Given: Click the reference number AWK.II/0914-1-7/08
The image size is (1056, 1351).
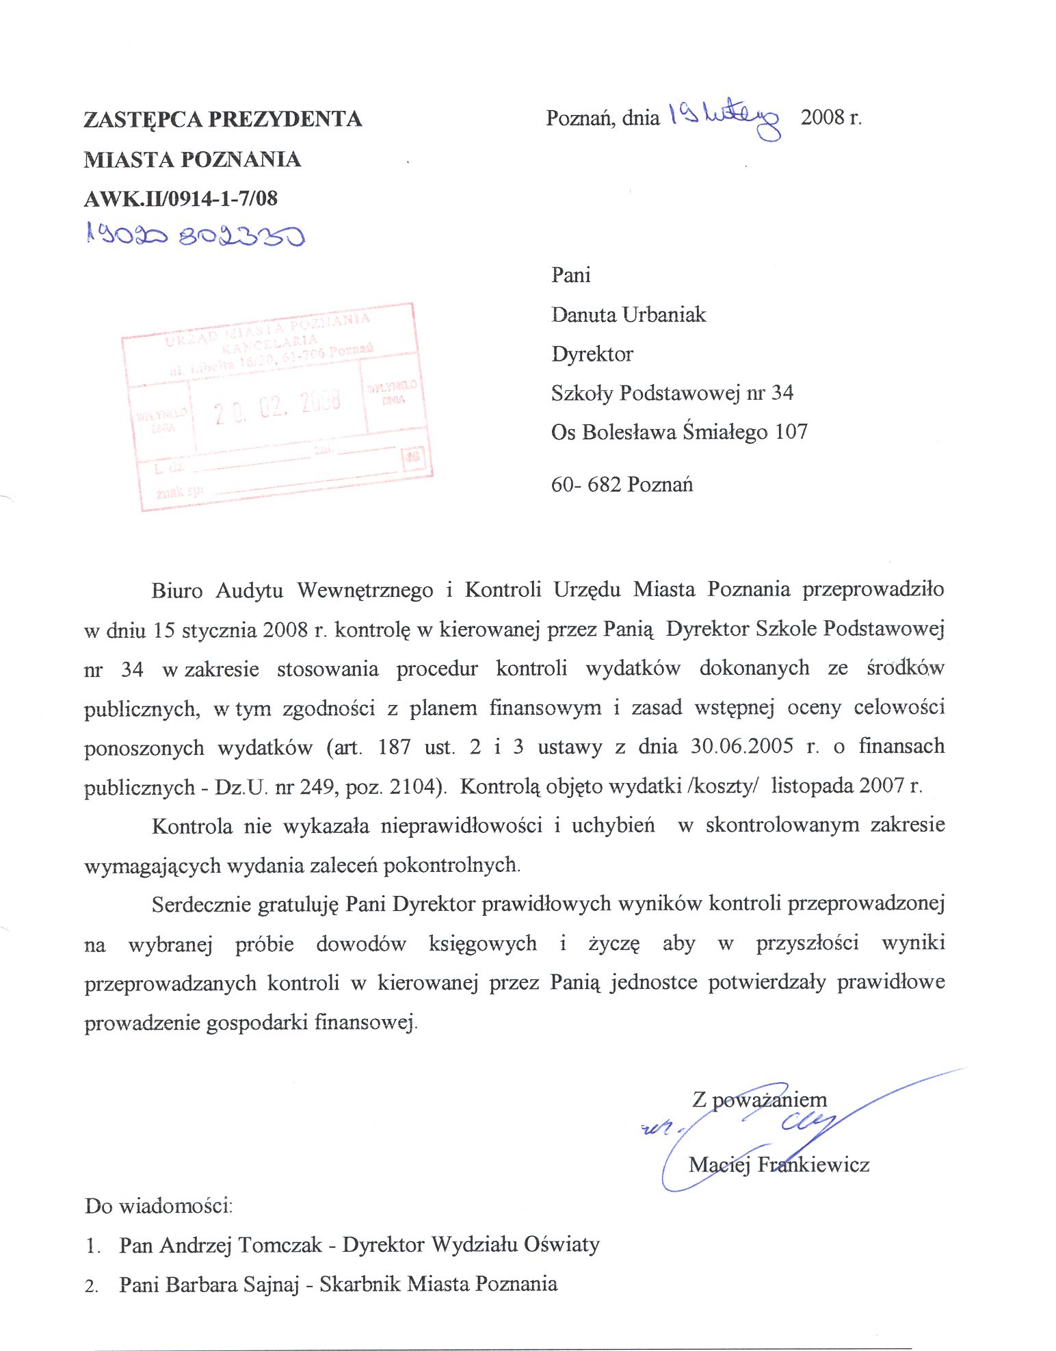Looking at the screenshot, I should [x=181, y=199].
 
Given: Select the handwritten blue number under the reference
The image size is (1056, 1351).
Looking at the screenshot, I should [x=195, y=235].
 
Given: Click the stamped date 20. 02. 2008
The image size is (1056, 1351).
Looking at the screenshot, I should [x=277, y=406].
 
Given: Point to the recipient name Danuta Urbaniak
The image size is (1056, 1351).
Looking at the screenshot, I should [x=629, y=315].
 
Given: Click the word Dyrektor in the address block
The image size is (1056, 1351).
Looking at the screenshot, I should [x=592, y=354].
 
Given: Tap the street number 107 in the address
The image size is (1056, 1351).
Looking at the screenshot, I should [x=791, y=432].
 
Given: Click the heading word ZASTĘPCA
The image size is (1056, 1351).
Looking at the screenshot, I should [x=143, y=120].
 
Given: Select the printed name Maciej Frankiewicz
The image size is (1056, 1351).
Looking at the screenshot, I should [x=778, y=1164].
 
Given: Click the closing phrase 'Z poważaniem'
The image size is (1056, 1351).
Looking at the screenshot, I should [x=759, y=1100].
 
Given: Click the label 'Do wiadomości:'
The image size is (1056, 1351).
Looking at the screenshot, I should [x=159, y=1205].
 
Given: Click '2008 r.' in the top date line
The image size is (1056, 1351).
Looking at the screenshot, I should [x=831, y=118].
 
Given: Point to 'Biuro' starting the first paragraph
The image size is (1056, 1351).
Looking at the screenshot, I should [x=177, y=590].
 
